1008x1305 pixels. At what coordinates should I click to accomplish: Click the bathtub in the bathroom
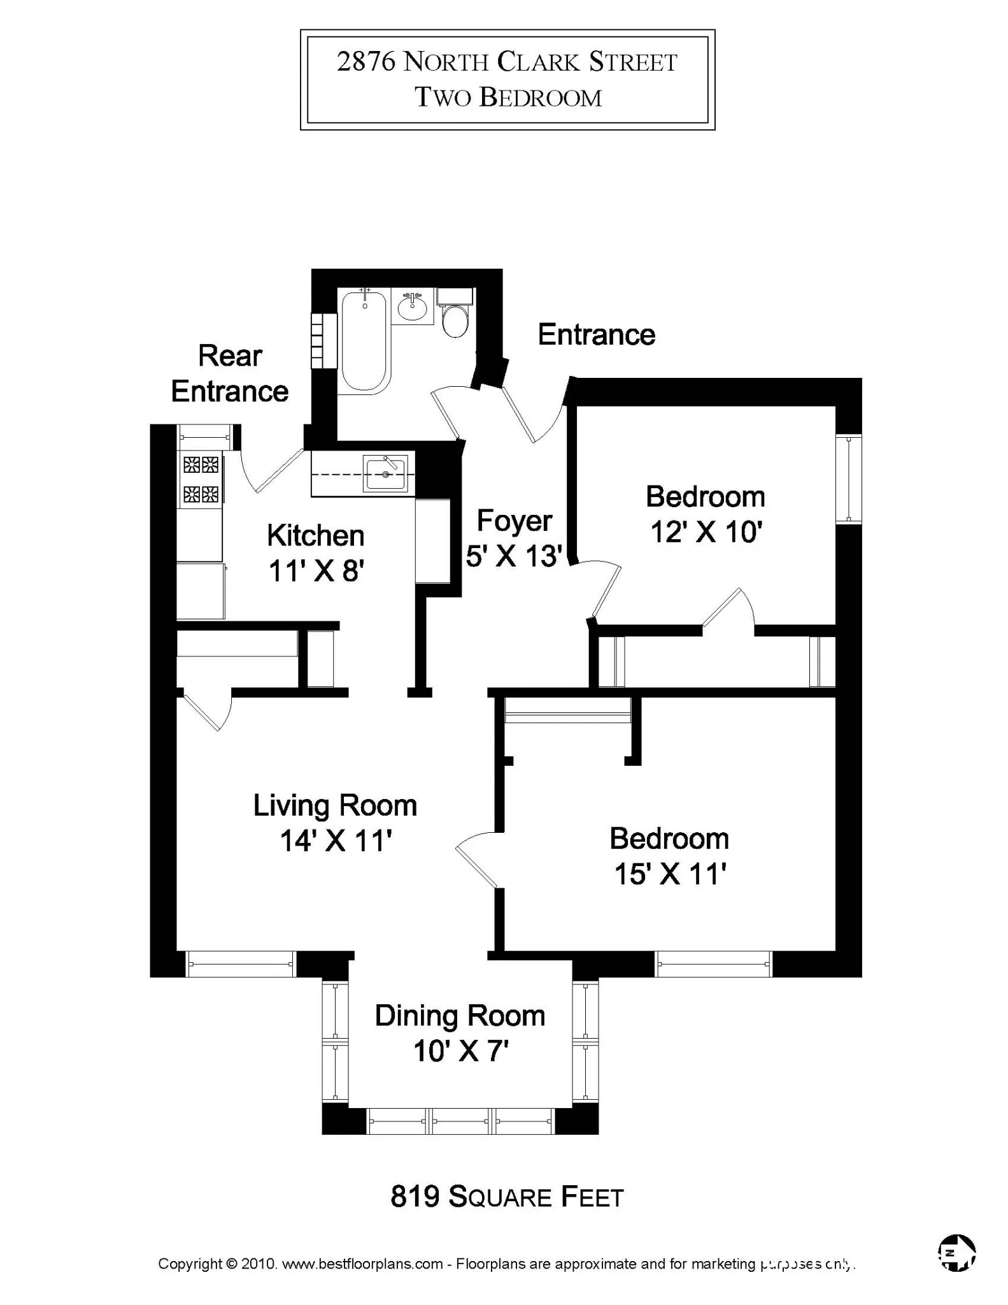(364, 340)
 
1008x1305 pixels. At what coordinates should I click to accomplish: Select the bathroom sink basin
(413, 308)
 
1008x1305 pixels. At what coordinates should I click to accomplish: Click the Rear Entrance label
(229, 373)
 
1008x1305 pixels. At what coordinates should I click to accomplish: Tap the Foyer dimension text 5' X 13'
(514, 556)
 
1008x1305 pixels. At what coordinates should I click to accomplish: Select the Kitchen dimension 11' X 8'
(316, 571)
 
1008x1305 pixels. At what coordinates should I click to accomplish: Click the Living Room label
(335, 805)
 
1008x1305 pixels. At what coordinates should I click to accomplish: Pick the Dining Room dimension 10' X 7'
(460, 1051)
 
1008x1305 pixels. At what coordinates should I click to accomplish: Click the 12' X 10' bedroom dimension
(706, 531)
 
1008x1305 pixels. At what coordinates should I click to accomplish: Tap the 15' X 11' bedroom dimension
(670, 874)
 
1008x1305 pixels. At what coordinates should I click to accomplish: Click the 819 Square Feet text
(507, 1197)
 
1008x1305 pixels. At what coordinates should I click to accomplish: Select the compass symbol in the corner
(957, 1253)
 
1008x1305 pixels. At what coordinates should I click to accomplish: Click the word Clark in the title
(538, 62)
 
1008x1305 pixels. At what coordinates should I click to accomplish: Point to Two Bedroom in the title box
(508, 97)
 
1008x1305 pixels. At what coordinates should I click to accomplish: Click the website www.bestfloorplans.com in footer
(362, 1264)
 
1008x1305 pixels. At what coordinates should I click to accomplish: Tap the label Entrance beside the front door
(596, 335)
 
